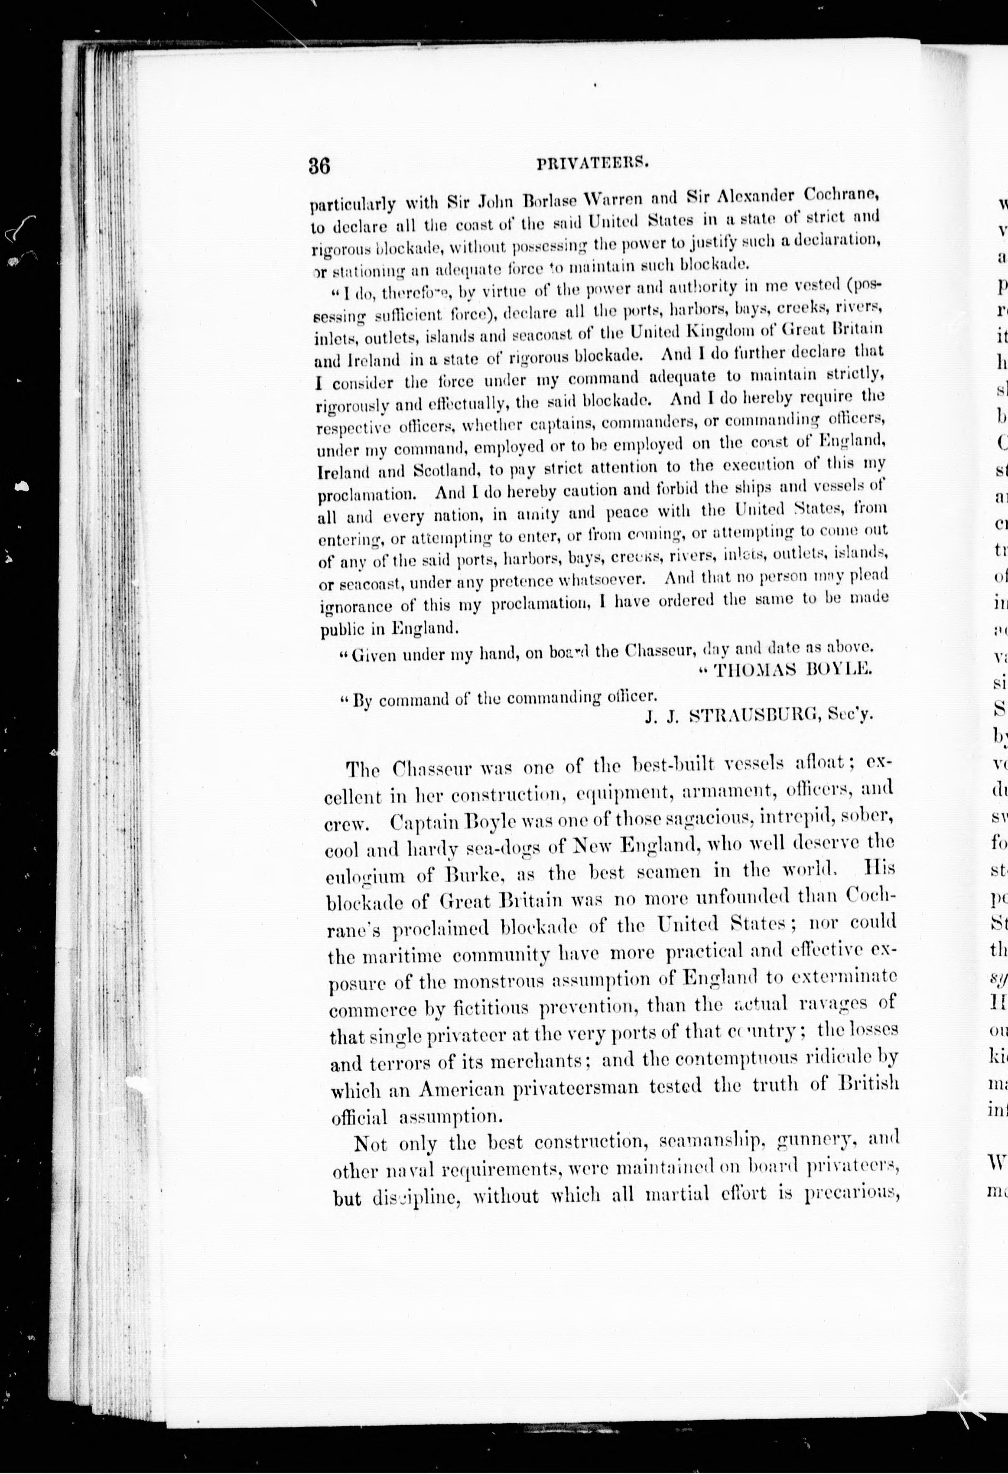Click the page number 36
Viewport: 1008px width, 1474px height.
tap(319, 166)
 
